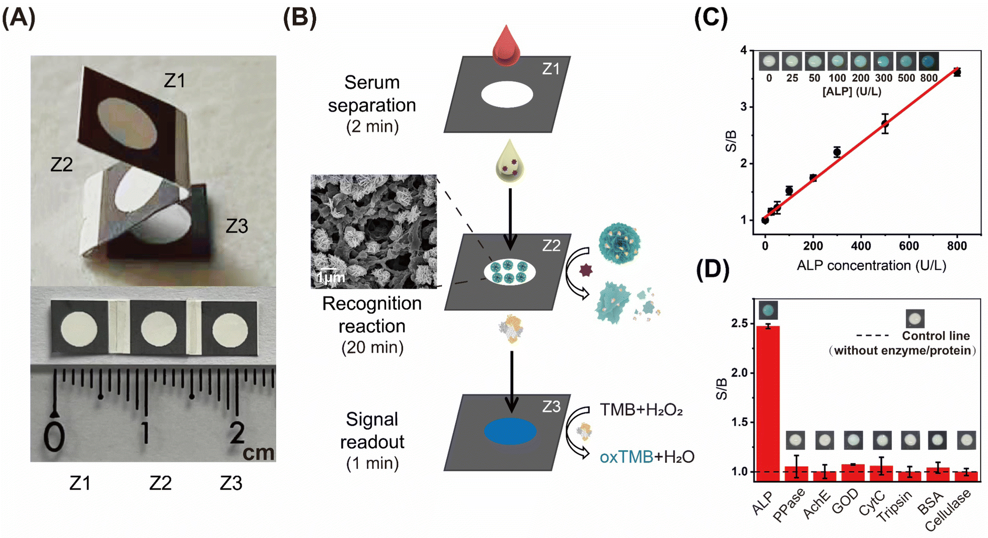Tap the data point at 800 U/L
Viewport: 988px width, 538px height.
tap(956, 73)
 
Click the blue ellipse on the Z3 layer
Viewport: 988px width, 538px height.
tap(510, 431)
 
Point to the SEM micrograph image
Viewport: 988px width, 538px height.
tap(373, 231)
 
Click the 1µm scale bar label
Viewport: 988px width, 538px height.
tap(331, 277)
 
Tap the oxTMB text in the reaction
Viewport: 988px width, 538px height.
tap(626, 457)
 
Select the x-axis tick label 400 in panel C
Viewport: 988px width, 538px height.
tap(861, 246)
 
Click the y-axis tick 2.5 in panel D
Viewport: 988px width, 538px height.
tap(740, 324)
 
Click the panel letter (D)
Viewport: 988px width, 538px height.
tap(712, 269)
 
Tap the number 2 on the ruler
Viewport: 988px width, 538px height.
tap(237, 433)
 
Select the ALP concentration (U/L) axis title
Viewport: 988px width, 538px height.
tap(871, 265)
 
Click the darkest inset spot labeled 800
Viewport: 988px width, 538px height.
tap(928, 61)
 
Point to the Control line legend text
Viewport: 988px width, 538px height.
tap(935, 335)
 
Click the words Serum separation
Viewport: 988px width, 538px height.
tap(371, 94)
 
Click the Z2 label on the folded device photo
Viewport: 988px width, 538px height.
tap(62, 164)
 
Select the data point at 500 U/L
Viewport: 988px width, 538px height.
tap(885, 123)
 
